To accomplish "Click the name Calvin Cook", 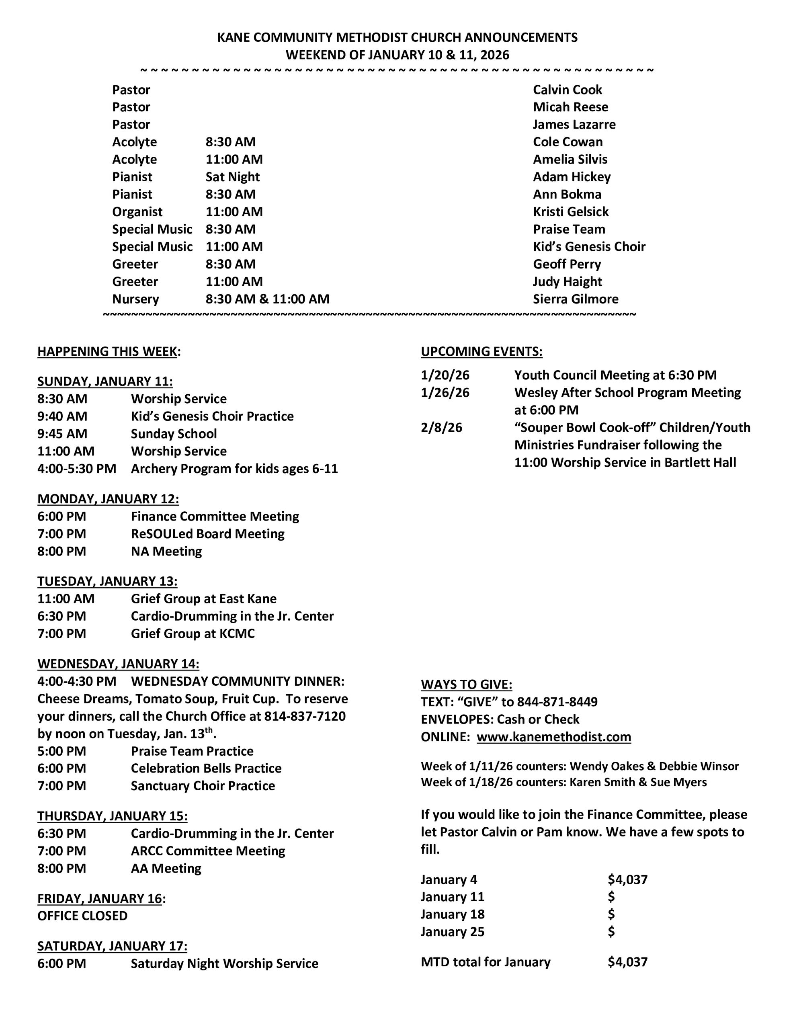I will click(x=568, y=90).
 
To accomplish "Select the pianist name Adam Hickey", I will click(x=572, y=177).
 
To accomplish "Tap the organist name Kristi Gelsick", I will click(x=571, y=212).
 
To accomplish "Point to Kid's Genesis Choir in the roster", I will click(x=589, y=247).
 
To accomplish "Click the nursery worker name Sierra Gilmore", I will click(x=576, y=299).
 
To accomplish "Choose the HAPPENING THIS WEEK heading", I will click(x=107, y=351).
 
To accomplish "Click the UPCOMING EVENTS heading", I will click(x=481, y=351).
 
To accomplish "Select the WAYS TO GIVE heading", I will click(x=466, y=685).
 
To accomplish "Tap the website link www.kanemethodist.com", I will click(x=554, y=737).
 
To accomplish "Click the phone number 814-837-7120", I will click(x=305, y=716).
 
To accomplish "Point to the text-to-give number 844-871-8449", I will click(x=557, y=702).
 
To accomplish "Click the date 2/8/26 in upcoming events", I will click(x=442, y=428).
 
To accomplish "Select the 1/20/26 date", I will click(x=445, y=375).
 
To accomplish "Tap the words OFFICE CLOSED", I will click(x=82, y=916).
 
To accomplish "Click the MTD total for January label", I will click(x=486, y=962).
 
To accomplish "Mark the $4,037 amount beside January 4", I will click(x=627, y=879).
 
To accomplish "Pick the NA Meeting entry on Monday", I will click(x=166, y=551).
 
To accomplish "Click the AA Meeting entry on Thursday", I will click(x=166, y=868).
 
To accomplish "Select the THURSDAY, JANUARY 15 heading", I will click(x=112, y=816).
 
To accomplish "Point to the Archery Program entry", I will click(x=234, y=469).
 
